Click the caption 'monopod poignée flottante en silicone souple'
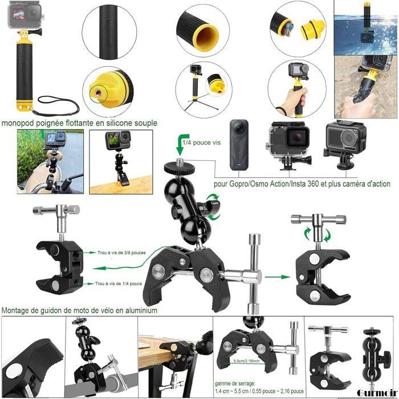click(79, 123)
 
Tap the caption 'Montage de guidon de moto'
click(79, 311)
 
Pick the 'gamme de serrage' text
click(235, 384)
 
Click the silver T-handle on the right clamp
click(317, 219)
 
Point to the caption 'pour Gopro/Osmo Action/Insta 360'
click(302, 184)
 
